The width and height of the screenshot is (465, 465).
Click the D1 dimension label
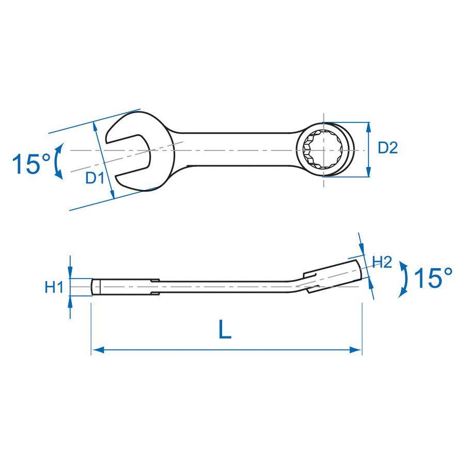coord(95,178)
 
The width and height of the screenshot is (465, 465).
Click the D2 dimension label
coord(388,147)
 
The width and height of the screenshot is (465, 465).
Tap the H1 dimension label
coord(54,287)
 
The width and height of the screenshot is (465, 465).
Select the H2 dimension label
coord(382,262)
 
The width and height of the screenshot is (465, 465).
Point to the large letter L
coord(225,329)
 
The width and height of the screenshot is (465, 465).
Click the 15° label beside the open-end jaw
coord(32,164)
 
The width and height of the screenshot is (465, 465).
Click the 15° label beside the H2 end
coord(433,277)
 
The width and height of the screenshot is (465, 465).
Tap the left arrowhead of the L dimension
coord(98,350)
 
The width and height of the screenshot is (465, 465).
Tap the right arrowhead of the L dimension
coord(355,350)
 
